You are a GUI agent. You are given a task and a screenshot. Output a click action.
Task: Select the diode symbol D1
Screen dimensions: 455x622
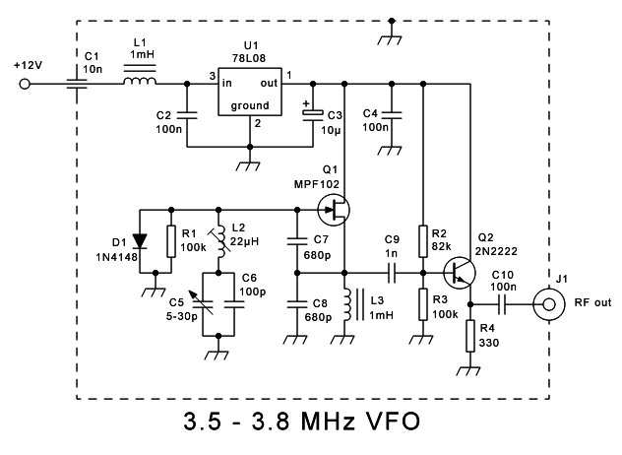pos(139,238)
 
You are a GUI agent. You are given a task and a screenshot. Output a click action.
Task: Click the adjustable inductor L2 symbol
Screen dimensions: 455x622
pos(219,239)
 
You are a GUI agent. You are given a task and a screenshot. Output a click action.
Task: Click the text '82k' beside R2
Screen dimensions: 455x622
pos(443,244)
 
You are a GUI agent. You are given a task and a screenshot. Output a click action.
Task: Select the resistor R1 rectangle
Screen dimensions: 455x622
pos(172,239)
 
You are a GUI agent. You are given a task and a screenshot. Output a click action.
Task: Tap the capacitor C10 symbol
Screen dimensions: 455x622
pos(501,302)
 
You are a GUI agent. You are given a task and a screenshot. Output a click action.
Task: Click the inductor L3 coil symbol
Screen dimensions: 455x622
pos(345,303)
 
